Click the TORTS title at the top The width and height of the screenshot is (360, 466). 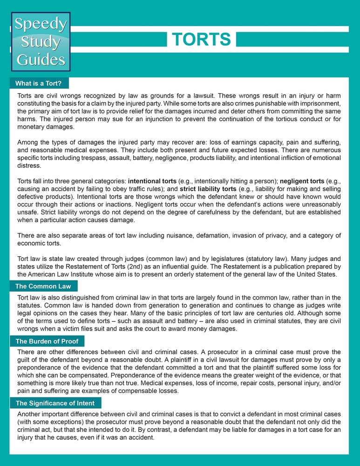point(201,40)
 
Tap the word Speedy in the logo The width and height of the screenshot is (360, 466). point(41,24)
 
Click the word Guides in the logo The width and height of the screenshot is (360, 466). point(41,59)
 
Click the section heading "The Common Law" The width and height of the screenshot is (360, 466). point(43,286)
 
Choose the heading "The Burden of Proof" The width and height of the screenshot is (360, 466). point(47,342)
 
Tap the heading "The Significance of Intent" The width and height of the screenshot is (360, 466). point(55,403)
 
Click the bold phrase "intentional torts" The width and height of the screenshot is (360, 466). point(152,181)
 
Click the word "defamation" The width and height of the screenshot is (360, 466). point(209,235)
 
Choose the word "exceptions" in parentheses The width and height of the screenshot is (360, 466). point(50,422)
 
